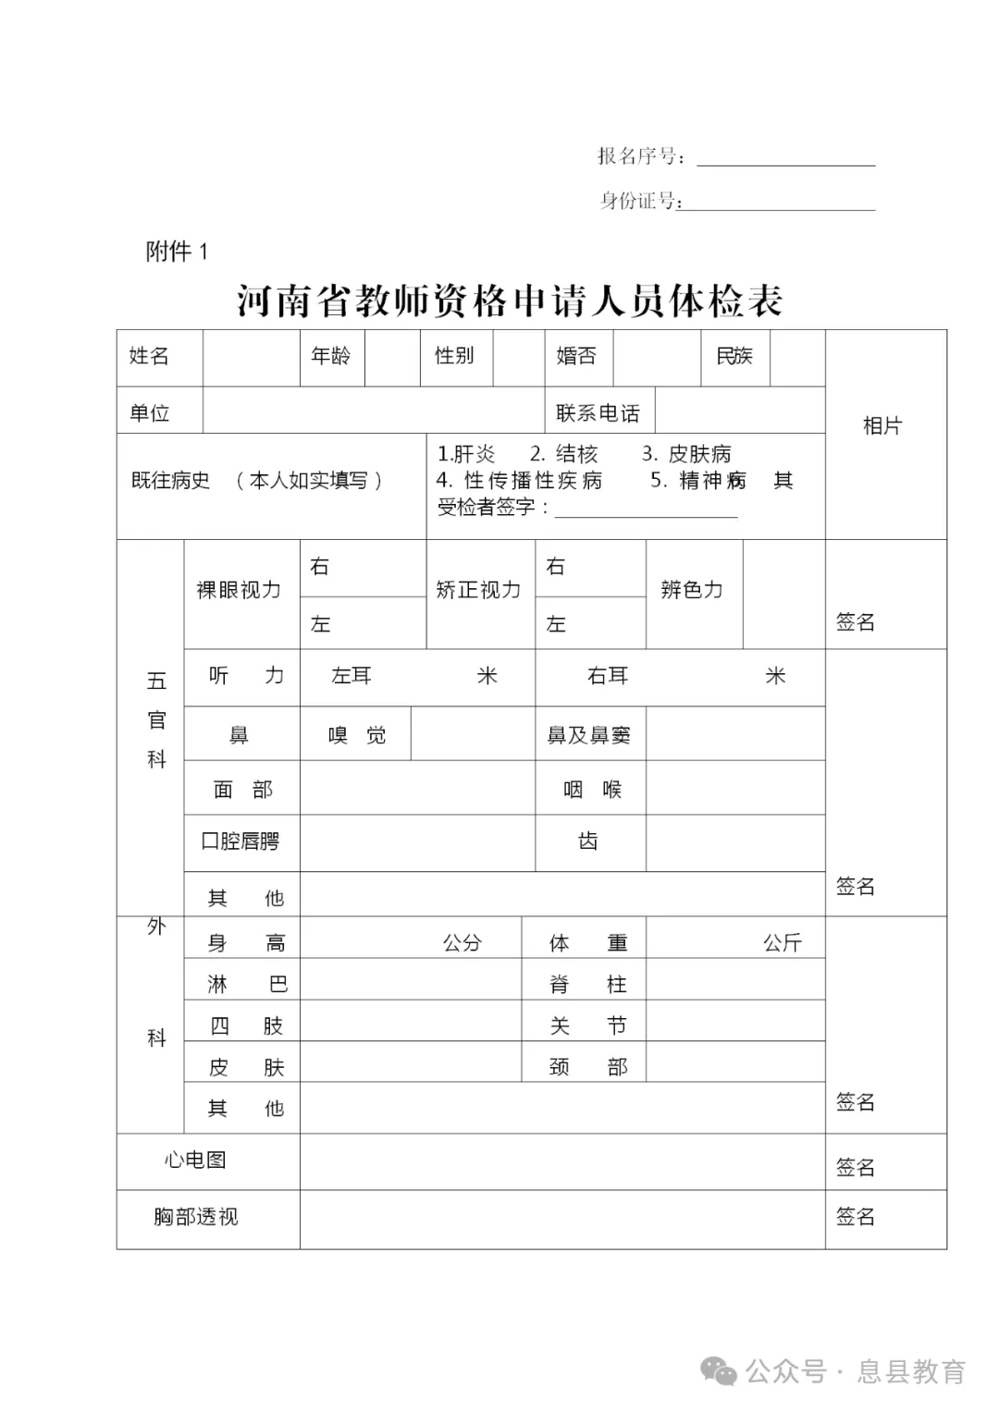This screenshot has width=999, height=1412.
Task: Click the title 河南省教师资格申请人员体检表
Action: [510, 301]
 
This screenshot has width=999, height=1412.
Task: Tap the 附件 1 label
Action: [177, 252]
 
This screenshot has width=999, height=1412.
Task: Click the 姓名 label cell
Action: [149, 356]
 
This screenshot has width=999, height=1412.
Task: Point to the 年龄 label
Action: [330, 356]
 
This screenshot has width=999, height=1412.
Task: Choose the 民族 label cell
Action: [734, 356]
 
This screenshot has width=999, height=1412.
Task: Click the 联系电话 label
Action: [598, 413]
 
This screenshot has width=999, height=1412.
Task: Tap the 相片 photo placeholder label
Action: [882, 425]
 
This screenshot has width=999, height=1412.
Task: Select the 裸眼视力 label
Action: [239, 590]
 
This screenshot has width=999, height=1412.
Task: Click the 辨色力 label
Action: [692, 590]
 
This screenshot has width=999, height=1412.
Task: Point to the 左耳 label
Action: [351, 676]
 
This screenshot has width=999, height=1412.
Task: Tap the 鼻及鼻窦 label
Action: [588, 735]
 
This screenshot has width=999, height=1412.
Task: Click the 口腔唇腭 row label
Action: [240, 841]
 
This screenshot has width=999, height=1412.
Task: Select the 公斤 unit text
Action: [782, 943]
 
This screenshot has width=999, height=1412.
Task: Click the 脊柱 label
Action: [588, 984]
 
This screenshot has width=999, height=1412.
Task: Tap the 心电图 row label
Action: [195, 1160]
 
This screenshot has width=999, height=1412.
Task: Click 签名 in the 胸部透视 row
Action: [855, 1217]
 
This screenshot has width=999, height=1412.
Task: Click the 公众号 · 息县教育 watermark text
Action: [856, 1371]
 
